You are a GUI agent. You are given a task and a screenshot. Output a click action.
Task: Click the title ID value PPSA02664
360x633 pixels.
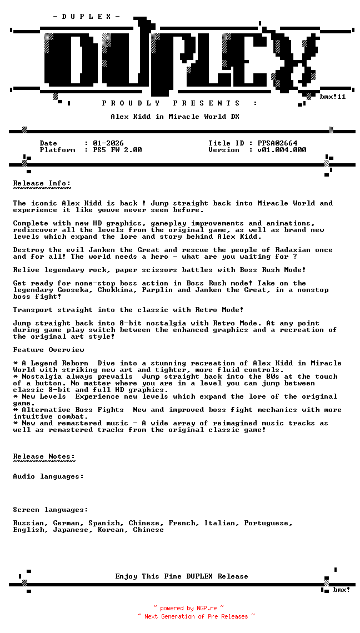coord(277,143)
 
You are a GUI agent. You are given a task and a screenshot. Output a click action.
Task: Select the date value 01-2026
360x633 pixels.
coord(108,143)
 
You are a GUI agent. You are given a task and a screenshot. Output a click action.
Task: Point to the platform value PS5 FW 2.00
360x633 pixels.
coord(117,150)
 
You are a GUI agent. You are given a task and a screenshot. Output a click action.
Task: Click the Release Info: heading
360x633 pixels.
coord(42,183)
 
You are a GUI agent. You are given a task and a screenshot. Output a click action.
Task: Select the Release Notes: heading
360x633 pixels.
coord(44,456)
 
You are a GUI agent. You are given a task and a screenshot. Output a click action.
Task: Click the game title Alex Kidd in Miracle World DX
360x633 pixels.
coord(175,117)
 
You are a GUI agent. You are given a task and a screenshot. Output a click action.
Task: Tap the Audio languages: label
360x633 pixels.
coord(48,476)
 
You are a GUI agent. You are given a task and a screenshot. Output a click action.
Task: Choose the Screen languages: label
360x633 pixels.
coord(51,510)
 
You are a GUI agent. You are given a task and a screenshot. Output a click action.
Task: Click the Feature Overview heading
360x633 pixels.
coord(48,350)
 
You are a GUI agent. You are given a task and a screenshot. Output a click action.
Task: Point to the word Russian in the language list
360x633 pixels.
coord(29,523)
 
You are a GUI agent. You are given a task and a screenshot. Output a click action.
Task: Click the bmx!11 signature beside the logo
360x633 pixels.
coord(332,97)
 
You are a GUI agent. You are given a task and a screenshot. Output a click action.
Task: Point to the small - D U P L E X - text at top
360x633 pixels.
coord(86,17)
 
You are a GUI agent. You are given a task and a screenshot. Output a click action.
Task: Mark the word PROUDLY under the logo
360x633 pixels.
coord(131,103)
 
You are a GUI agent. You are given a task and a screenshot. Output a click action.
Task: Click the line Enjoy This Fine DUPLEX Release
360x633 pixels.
coord(182,576)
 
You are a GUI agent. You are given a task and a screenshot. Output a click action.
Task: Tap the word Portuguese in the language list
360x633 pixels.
coord(267,523)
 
